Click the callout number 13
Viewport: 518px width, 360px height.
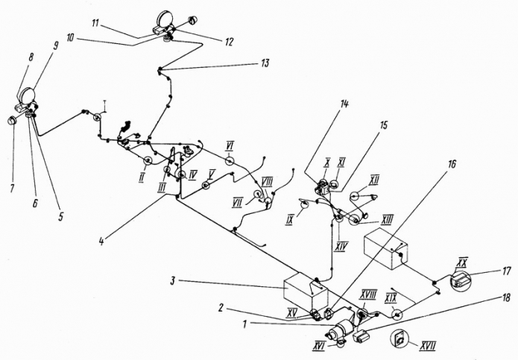(x=265, y=63)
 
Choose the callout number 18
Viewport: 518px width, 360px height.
(x=507, y=297)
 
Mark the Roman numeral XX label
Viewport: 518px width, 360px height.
(x=461, y=262)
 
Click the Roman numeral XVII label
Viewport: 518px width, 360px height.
(x=429, y=345)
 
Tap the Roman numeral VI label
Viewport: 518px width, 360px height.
(x=231, y=145)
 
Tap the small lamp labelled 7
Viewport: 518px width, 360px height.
(x=13, y=120)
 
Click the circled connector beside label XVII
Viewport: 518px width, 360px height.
(x=401, y=338)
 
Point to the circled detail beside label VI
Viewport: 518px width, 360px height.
(x=229, y=160)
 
